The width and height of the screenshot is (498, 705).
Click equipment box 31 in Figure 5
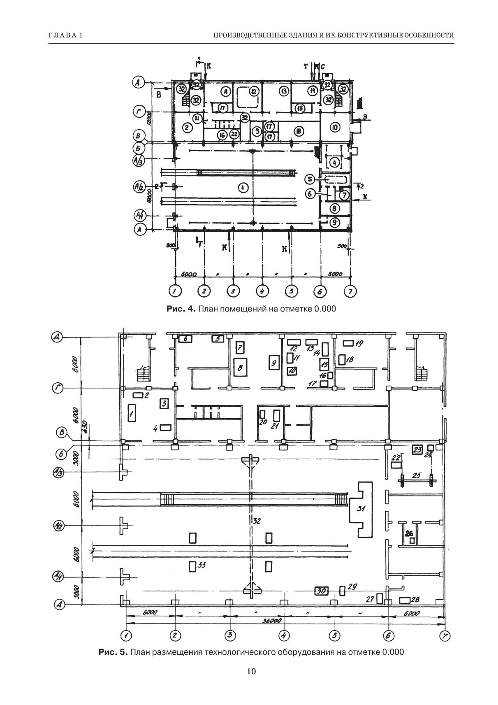point(361,509)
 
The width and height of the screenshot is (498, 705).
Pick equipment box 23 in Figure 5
point(417,450)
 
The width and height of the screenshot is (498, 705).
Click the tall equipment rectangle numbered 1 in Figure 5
point(132,412)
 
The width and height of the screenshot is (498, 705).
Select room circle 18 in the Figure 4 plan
point(298,131)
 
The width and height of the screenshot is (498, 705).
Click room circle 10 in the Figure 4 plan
point(335,127)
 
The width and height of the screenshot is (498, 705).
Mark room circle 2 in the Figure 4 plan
point(187,128)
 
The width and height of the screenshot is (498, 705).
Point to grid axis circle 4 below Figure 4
point(262,291)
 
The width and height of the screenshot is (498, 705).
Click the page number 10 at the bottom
point(251,671)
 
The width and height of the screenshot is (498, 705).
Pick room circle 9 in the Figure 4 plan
point(334,222)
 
